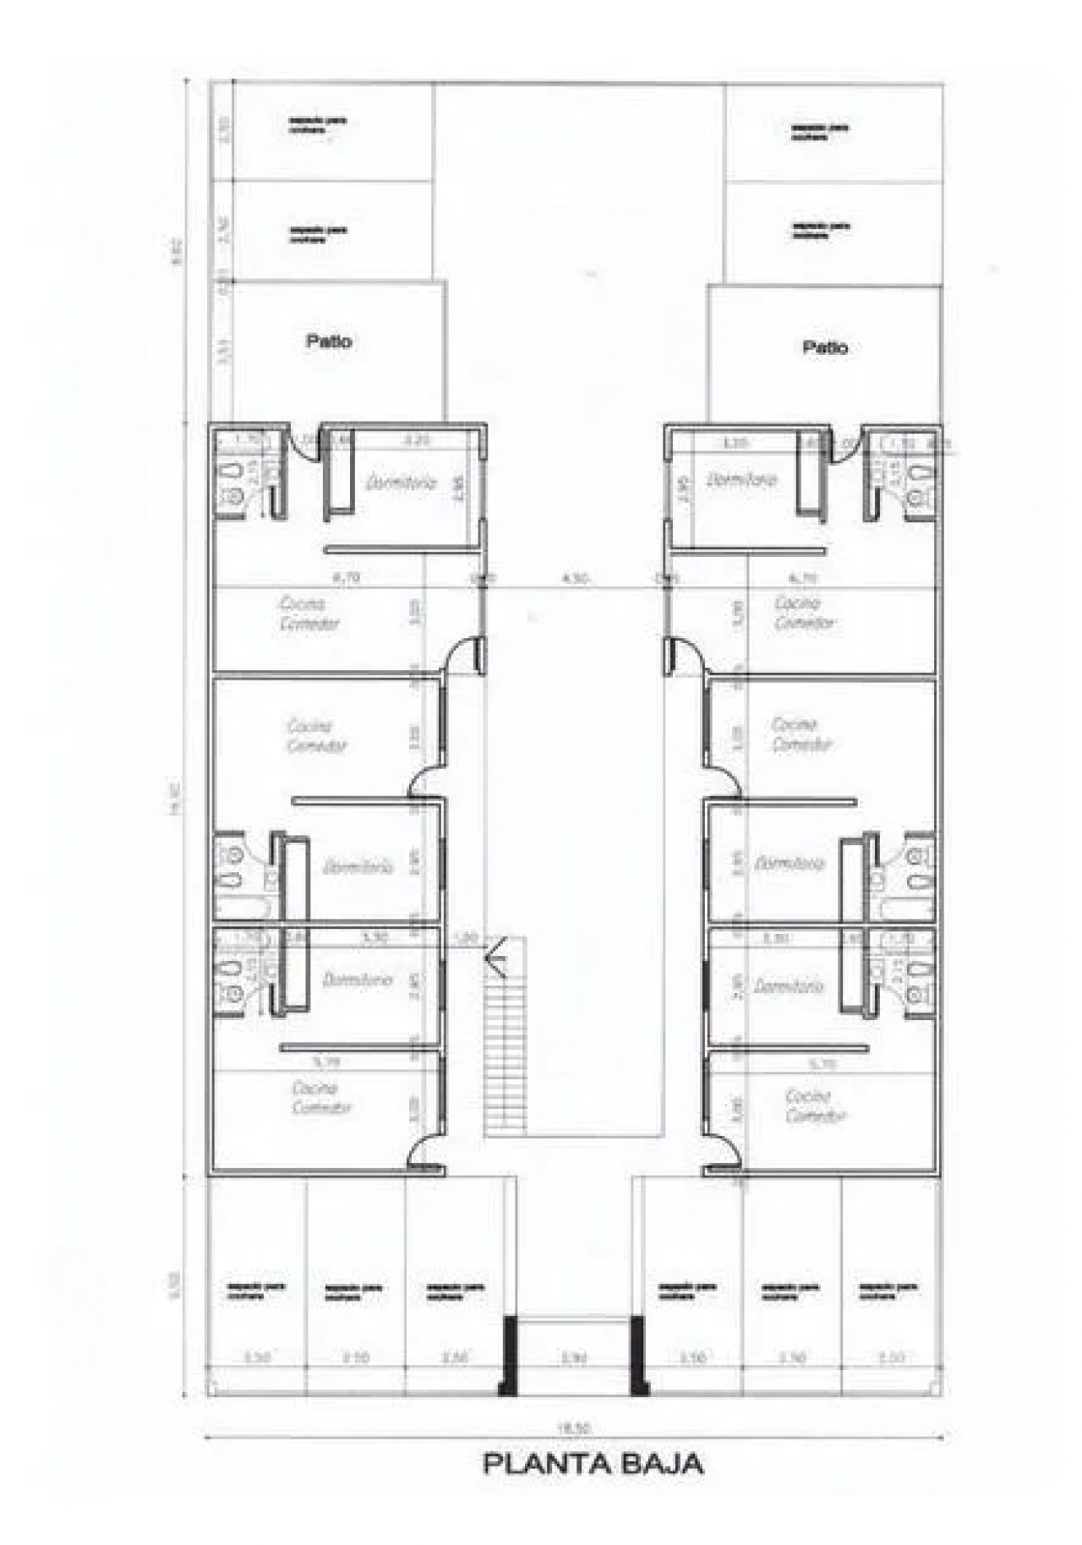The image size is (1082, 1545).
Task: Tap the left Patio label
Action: tap(329, 341)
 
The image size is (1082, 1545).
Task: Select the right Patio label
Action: tap(825, 347)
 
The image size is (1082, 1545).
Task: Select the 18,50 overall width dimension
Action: tap(573, 1428)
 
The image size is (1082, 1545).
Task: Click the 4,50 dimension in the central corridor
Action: tap(575, 579)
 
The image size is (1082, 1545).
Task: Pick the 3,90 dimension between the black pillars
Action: tap(573, 1358)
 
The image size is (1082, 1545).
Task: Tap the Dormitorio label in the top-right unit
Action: tap(741, 479)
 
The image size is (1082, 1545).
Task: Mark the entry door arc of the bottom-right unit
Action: tap(724, 1154)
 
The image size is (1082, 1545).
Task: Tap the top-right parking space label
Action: tap(820, 131)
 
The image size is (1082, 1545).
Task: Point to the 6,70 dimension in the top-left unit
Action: tap(347, 579)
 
